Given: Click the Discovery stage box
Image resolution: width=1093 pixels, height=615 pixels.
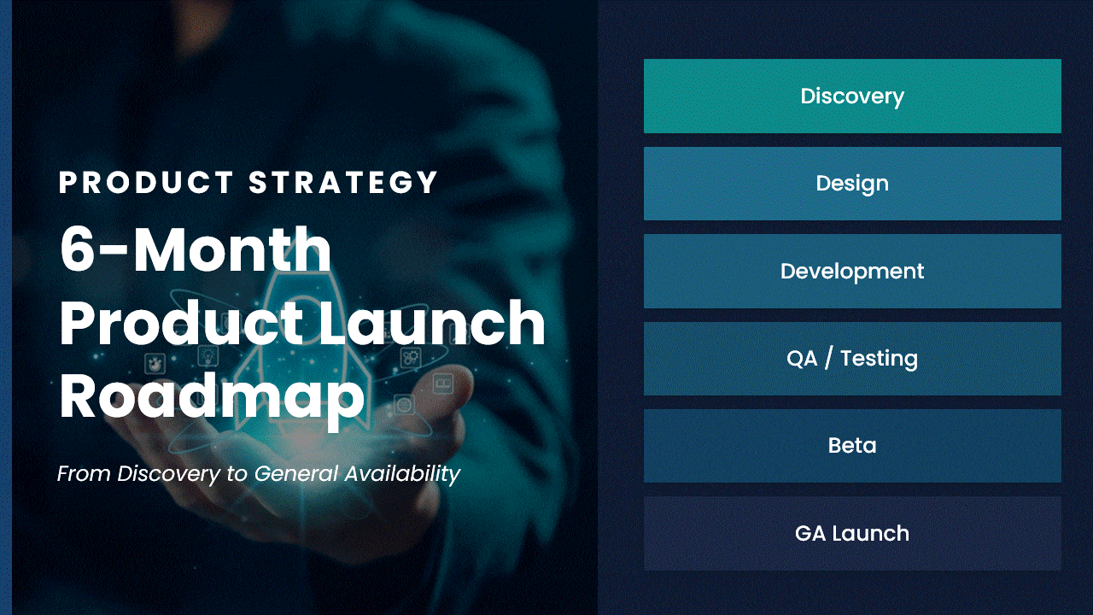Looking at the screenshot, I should (852, 96).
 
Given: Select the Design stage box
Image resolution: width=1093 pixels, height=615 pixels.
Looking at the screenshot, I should (852, 184).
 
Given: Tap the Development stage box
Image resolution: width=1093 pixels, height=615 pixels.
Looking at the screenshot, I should (852, 272).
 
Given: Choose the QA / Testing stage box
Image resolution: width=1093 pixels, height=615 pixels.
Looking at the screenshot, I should (852, 359).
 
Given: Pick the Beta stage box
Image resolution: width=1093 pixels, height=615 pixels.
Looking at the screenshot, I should (852, 446).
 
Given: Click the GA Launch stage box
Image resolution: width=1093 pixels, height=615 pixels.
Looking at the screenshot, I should (852, 534).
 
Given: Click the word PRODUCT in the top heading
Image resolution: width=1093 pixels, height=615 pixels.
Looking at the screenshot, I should (146, 183).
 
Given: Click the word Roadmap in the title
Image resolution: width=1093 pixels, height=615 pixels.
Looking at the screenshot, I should (212, 396).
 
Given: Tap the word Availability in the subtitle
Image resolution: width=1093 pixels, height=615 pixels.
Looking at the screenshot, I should (402, 474).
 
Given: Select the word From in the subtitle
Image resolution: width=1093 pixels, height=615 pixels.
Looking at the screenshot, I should (84, 474).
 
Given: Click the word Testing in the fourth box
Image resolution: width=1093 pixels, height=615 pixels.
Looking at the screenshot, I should (879, 360).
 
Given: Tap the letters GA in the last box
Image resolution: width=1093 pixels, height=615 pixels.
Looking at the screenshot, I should (810, 534).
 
